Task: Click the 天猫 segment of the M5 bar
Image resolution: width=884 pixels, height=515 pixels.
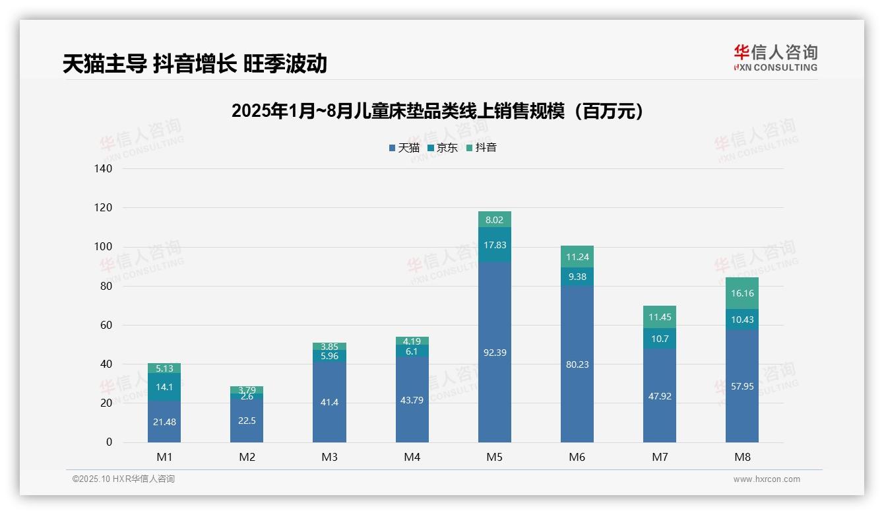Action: tap(494, 370)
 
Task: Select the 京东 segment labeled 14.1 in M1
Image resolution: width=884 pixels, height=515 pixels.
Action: tap(164, 387)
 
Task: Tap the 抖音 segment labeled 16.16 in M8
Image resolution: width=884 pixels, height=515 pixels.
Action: tap(742, 293)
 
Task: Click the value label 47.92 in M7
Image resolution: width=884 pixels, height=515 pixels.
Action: tap(660, 396)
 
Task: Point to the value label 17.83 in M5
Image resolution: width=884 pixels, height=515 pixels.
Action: tap(494, 245)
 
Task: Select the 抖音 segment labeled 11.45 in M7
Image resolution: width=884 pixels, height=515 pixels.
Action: tap(660, 317)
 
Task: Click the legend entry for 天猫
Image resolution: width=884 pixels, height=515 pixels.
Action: tap(404, 148)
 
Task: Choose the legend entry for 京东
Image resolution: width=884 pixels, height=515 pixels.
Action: tap(443, 148)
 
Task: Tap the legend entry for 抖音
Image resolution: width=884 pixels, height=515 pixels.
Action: tap(481, 148)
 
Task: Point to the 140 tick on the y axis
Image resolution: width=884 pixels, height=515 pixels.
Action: tap(104, 169)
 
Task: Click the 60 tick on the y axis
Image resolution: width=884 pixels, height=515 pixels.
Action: tap(106, 326)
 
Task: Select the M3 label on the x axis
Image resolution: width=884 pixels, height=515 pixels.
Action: tap(329, 457)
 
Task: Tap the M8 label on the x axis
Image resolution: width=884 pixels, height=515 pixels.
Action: tap(742, 457)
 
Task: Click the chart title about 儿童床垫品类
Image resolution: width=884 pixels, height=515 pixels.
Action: tap(437, 111)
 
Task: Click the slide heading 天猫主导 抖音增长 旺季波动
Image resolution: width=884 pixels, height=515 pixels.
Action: tap(195, 63)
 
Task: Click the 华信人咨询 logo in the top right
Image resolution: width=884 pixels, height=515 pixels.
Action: tap(775, 57)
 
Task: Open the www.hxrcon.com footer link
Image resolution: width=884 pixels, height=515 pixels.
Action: tap(767, 479)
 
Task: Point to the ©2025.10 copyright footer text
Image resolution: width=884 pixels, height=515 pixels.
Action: tap(123, 479)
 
